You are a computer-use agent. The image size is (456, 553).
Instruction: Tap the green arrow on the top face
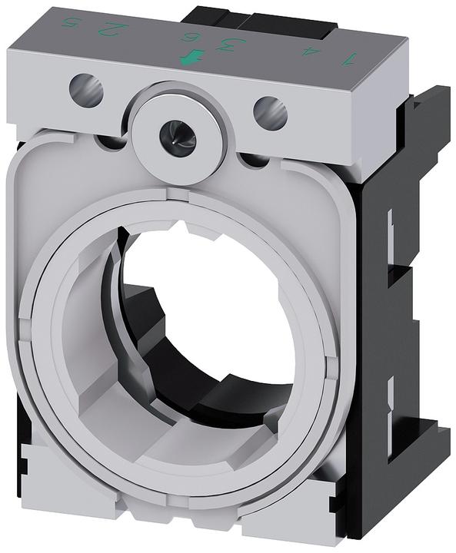pos(187,58)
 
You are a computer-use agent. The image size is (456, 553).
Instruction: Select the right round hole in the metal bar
pos(270,114)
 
